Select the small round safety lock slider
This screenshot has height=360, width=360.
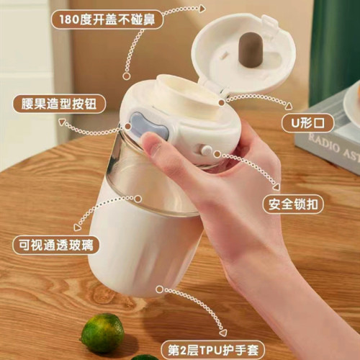click(x=207, y=152)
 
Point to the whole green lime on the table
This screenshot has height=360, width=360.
click(x=102, y=332)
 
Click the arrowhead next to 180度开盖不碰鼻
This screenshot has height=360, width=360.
click(x=202, y=9)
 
